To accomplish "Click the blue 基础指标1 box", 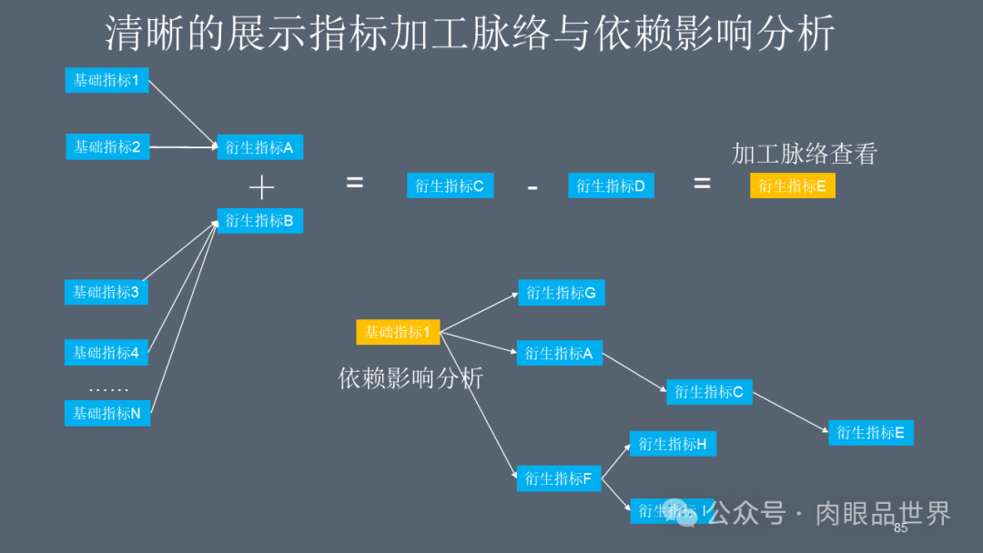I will pyautogui.click(x=106, y=80).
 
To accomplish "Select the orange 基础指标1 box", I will pyautogui.click(x=398, y=332).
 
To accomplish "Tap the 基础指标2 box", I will pyautogui.click(x=107, y=146).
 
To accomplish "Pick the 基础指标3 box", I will pyautogui.click(x=106, y=292).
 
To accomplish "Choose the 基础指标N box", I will pyautogui.click(x=106, y=413).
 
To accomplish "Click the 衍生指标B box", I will pyautogui.click(x=259, y=220).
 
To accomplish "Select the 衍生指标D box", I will pyautogui.click(x=611, y=186).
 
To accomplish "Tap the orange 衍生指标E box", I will pyautogui.click(x=793, y=186).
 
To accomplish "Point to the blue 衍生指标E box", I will pyautogui.click(x=870, y=432).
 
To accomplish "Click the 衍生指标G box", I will pyautogui.click(x=562, y=293).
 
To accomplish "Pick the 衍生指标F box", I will pyautogui.click(x=559, y=478).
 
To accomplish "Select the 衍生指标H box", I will pyautogui.click(x=673, y=444).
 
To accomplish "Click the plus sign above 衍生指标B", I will pyautogui.click(x=261, y=187).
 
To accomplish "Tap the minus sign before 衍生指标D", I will pyautogui.click(x=532, y=187).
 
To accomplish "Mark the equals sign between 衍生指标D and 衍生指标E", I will pyautogui.click(x=702, y=183).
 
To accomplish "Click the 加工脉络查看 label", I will pyautogui.click(x=804, y=154).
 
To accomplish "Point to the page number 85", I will pyautogui.click(x=901, y=528).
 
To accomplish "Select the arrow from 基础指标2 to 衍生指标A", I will pyautogui.click(x=182, y=146).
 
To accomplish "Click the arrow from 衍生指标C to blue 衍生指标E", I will pyautogui.click(x=790, y=412).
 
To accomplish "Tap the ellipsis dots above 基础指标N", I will pyautogui.click(x=108, y=389).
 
